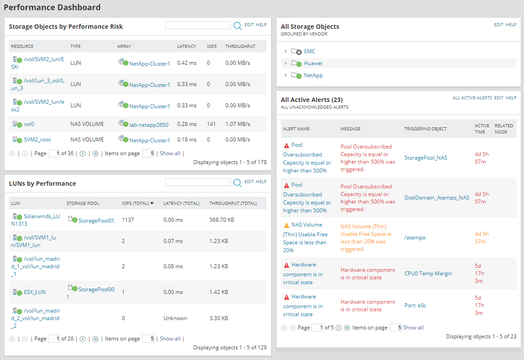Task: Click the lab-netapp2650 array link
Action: [x=148, y=125]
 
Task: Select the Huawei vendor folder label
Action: [x=313, y=63]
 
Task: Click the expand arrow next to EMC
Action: [x=286, y=51]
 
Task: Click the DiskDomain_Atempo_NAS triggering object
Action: [x=437, y=198]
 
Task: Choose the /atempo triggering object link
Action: [x=415, y=237]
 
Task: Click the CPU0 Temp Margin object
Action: [x=428, y=274]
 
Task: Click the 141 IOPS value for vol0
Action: [x=211, y=124]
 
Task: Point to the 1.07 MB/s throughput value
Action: [x=237, y=124]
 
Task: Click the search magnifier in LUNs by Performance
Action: [x=237, y=183]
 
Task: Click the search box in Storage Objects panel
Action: [x=198, y=26]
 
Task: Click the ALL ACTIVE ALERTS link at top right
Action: [x=472, y=98]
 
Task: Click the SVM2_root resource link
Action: [x=37, y=139]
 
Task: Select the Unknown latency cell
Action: [x=175, y=318]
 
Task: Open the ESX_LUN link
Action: [x=35, y=292]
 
